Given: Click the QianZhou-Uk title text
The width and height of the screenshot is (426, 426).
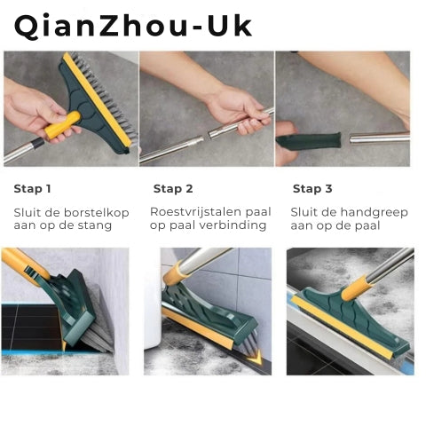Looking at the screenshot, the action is pos(133,26).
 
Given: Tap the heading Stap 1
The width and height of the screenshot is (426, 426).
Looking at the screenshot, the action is pos(32,189).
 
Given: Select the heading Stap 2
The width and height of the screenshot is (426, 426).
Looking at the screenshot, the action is pos(173,189).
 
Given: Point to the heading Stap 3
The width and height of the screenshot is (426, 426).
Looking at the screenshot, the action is pos(312,189).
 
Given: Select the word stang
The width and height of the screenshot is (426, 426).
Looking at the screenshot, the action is pos(95,225).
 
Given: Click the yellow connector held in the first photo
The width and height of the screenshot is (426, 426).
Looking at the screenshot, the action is pos(62,125).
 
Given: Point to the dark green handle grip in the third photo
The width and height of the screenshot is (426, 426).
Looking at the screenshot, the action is pos(308,141).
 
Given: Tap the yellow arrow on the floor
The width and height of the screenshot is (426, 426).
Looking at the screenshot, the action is pos(256,357).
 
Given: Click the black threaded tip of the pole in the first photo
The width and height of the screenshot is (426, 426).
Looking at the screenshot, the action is pos(38,144).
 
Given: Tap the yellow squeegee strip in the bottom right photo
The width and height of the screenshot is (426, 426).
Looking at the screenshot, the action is pos(343,327).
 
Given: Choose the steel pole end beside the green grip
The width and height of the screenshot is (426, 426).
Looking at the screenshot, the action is pos(379,138).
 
